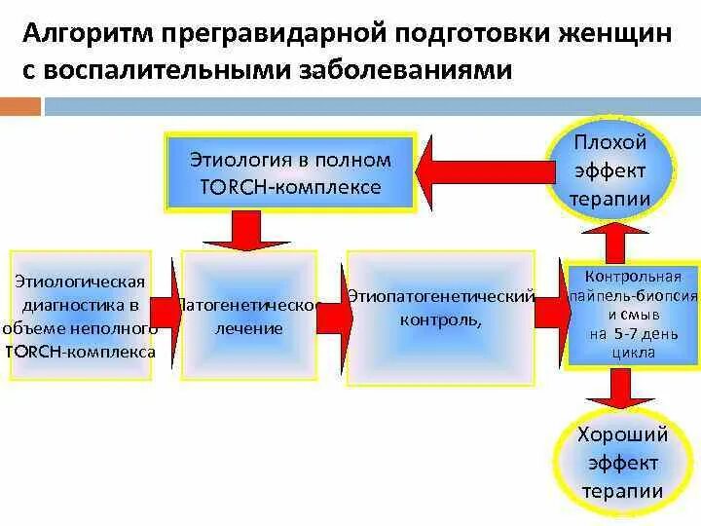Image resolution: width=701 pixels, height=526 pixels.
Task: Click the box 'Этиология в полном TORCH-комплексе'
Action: pyautogui.click(x=290, y=172)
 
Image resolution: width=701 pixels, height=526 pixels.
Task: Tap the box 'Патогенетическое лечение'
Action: pyautogui.click(x=250, y=317)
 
